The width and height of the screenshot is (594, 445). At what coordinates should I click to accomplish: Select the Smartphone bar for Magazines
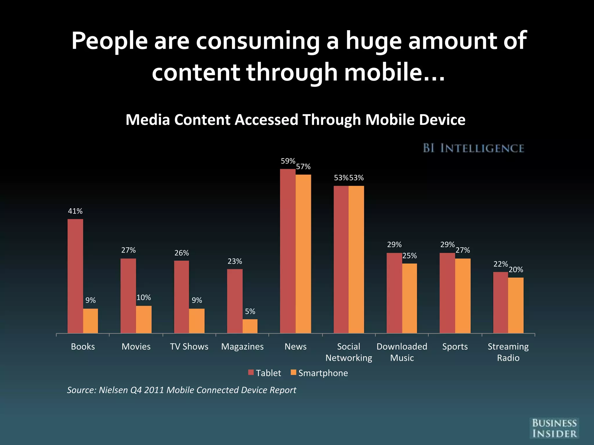click(x=250, y=326)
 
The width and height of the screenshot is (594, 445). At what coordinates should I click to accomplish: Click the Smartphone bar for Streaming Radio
click(x=516, y=305)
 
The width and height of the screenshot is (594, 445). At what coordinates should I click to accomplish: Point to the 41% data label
click(x=75, y=211)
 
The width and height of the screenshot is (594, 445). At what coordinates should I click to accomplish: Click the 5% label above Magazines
click(x=250, y=311)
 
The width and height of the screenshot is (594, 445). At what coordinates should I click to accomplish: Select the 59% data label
click(x=288, y=161)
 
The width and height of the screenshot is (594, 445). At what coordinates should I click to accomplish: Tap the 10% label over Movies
click(x=144, y=298)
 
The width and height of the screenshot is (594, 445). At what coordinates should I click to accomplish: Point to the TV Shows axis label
click(x=189, y=346)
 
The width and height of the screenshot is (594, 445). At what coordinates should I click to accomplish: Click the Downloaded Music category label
click(x=402, y=352)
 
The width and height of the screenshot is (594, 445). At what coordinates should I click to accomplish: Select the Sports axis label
click(x=455, y=346)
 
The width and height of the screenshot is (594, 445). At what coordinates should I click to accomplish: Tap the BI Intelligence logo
click(x=473, y=148)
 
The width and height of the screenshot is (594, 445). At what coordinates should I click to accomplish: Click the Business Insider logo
click(x=554, y=428)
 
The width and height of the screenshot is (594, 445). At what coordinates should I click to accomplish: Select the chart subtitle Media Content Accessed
click(x=295, y=120)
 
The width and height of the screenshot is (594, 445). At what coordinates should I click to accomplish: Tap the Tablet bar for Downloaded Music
click(x=394, y=293)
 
